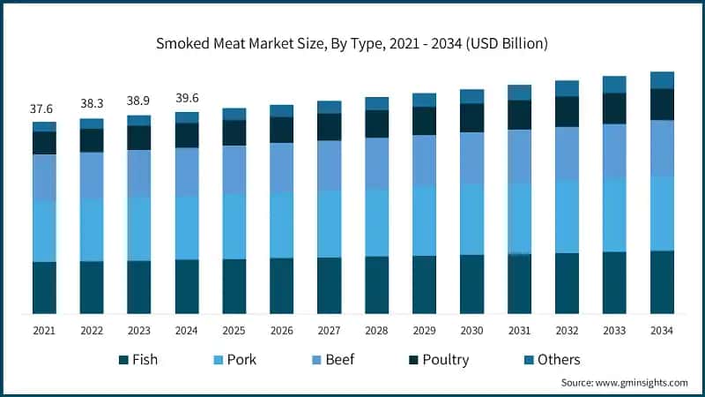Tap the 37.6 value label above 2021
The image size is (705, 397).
[44, 109]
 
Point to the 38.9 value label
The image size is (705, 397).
[139, 102]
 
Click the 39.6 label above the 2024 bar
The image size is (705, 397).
[187, 98]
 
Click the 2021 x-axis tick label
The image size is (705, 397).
[44, 330]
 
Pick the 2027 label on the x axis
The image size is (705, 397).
[329, 330]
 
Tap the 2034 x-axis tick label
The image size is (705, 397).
[662, 330]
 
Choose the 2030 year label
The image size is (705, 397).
[471, 330]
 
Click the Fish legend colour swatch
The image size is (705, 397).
[123, 360]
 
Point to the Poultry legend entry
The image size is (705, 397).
[445, 360]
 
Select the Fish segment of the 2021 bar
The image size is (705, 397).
[44, 288]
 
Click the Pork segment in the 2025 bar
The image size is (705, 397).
[234, 226]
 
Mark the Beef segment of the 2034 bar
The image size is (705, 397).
[662, 147]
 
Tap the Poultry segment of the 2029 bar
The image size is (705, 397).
[424, 121]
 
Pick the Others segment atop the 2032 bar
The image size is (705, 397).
[567, 88]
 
